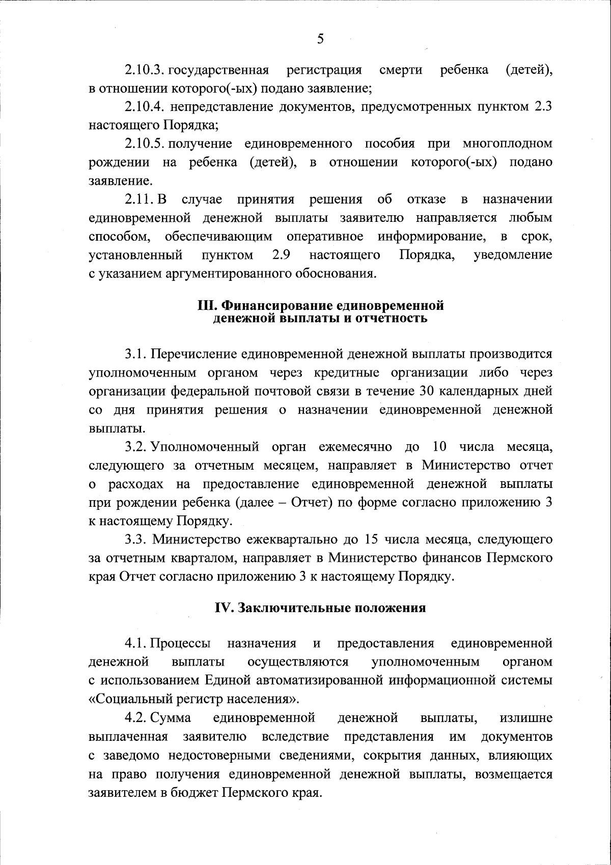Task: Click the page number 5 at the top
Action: click(320, 39)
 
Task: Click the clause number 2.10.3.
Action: click(145, 70)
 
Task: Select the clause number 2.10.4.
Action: click(145, 107)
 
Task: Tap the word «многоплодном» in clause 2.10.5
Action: click(507, 144)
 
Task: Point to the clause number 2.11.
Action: click(138, 199)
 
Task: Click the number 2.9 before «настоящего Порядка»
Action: click(281, 254)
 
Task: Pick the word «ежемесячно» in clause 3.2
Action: click(355, 447)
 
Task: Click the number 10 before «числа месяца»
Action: click(439, 447)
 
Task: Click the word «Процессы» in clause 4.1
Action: click(180, 644)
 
